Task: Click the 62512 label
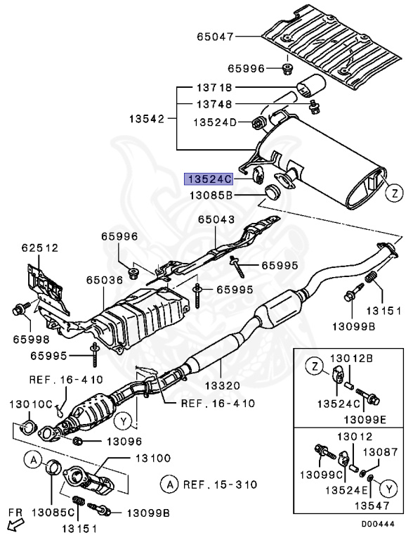click(41, 247)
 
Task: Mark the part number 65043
click(216, 220)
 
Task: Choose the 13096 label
click(124, 442)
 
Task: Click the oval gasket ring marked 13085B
click(273, 193)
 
